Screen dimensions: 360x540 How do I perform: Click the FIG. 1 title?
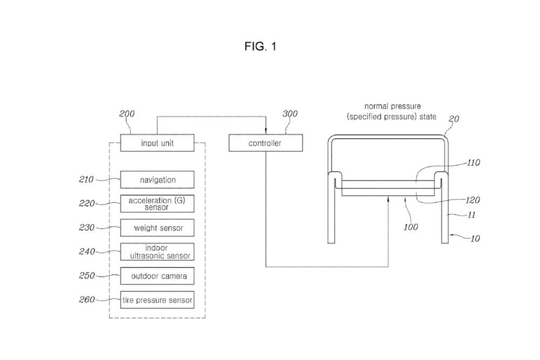point(260,47)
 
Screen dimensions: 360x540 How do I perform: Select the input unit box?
point(157,143)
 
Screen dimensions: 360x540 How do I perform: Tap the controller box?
point(265,143)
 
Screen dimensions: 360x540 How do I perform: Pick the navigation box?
point(157,180)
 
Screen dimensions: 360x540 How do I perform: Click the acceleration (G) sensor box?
point(157,203)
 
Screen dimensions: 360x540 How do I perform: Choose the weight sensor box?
point(157,228)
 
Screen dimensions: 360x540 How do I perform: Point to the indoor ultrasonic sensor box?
point(157,252)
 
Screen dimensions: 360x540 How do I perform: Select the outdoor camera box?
point(157,276)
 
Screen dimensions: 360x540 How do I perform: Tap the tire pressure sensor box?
point(157,300)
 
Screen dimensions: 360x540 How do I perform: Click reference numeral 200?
point(127,114)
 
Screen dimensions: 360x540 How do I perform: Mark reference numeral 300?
point(290,114)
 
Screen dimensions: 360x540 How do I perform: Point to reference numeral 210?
point(86,179)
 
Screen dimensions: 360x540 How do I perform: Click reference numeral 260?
point(86,300)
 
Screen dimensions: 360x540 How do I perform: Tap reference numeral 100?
point(410,227)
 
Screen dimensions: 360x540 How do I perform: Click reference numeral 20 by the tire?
point(454,119)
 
